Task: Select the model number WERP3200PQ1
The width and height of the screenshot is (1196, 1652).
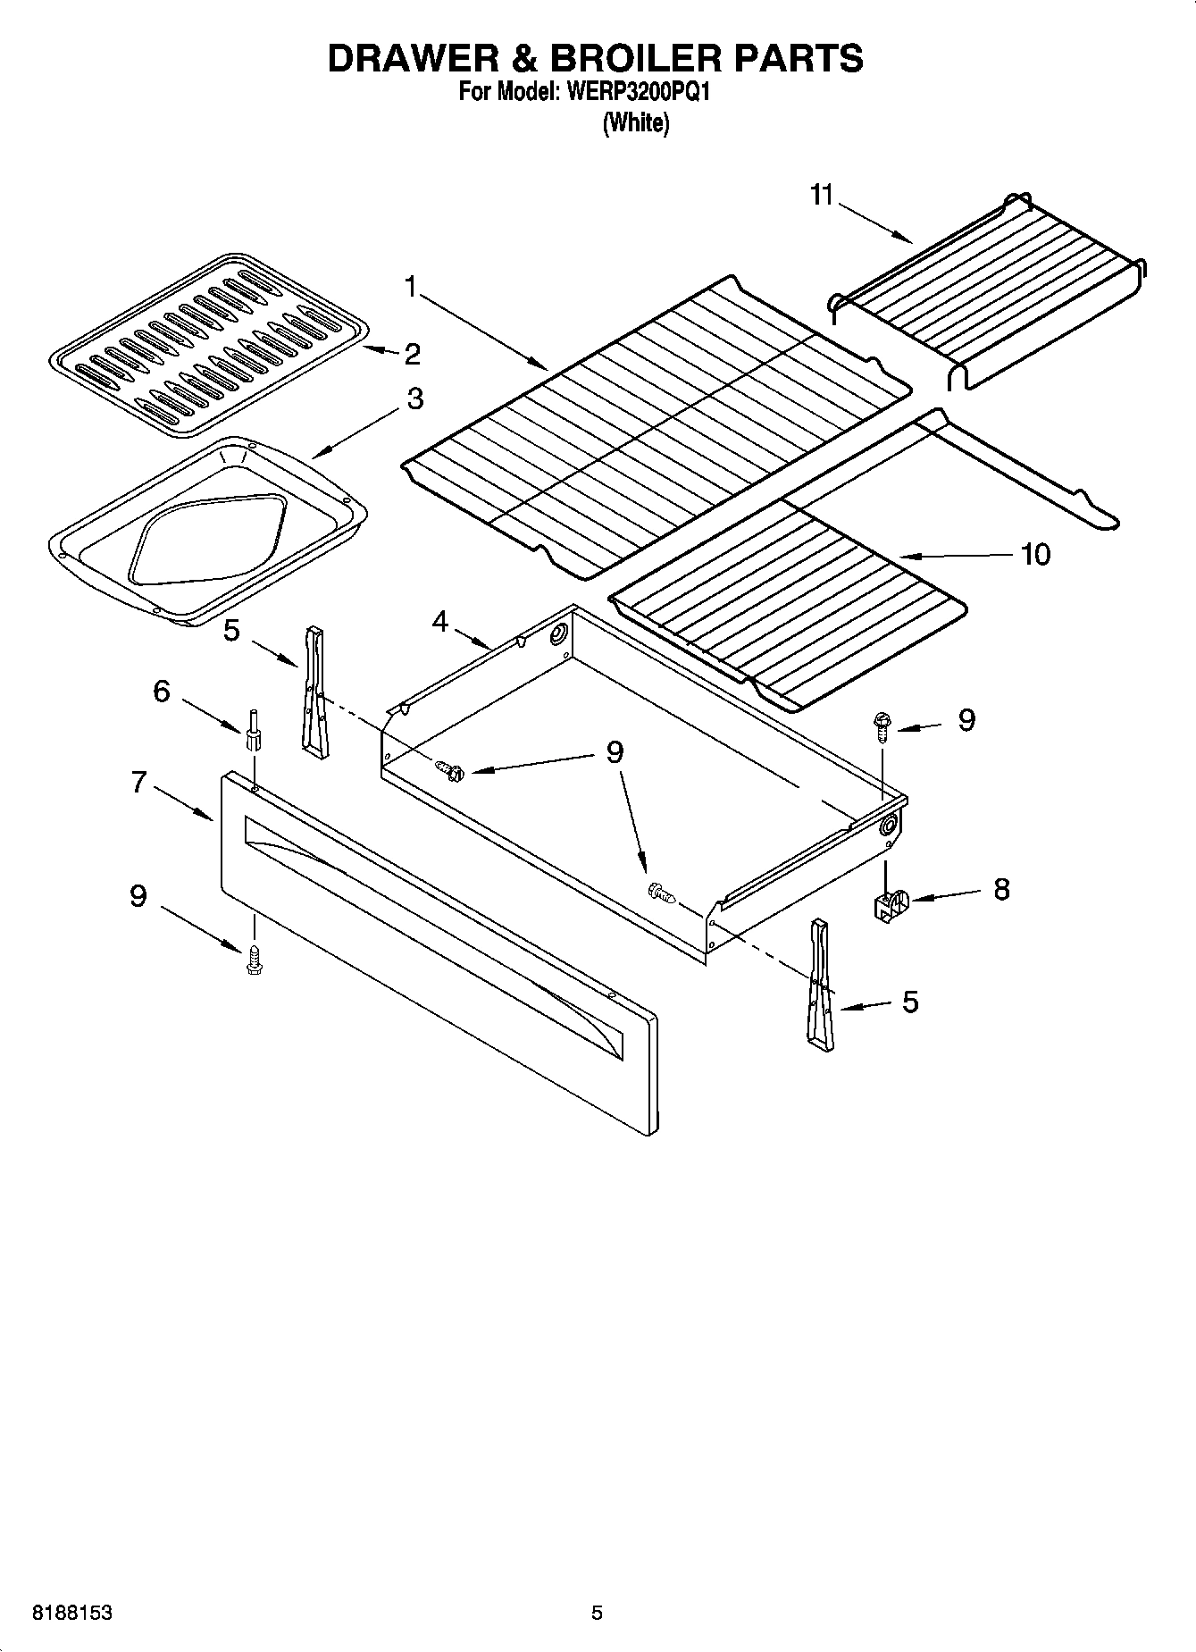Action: point(637,93)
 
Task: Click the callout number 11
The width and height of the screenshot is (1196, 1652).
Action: point(821,195)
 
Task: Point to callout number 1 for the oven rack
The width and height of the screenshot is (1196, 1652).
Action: point(410,287)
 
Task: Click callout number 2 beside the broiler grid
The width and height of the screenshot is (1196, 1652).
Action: point(411,355)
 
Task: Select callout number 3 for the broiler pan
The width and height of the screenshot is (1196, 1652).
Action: point(414,398)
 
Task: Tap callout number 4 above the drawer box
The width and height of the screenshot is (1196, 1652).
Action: point(439,621)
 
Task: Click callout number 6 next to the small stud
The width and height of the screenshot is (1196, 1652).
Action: point(161,691)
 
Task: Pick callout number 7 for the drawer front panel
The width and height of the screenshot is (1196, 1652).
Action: point(138,782)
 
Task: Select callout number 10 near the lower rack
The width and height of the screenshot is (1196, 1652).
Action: point(1035,554)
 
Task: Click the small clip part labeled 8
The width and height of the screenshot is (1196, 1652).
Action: point(889,904)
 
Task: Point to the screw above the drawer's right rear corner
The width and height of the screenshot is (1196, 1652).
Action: point(882,723)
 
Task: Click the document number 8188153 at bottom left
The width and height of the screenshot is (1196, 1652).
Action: point(72,1613)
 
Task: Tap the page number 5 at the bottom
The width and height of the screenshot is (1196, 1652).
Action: point(597,1613)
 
